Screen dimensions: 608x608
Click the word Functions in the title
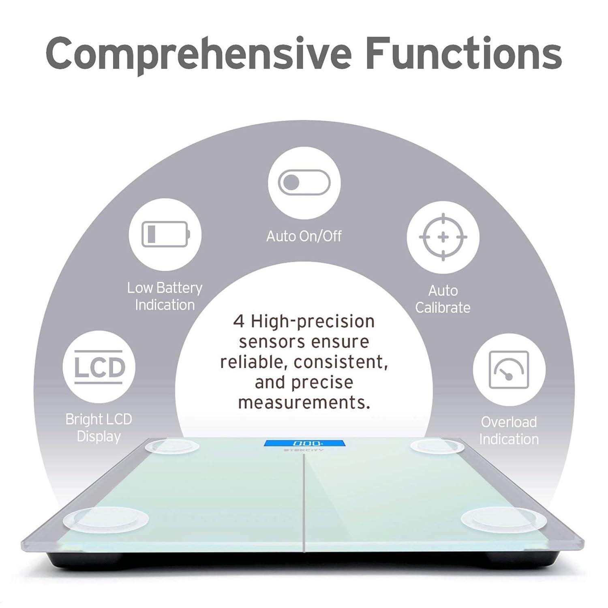[464, 52]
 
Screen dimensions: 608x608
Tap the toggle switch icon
[304, 182]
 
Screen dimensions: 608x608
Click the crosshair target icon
[443, 237]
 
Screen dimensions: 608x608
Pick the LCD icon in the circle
[98, 367]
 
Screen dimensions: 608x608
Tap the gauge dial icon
[509, 370]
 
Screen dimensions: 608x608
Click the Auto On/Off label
[304, 236]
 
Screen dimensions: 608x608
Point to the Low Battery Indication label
[165, 296]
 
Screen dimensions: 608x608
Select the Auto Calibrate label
[443, 299]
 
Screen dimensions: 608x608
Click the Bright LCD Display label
[99, 428]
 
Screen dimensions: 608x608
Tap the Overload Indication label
[509, 430]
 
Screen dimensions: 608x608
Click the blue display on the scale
[304, 443]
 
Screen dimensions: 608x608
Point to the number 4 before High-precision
[239, 321]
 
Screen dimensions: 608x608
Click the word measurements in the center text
[304, 402]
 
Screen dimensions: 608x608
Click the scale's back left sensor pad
[172, 446]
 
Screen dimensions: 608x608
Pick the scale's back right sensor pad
[437, 446]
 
